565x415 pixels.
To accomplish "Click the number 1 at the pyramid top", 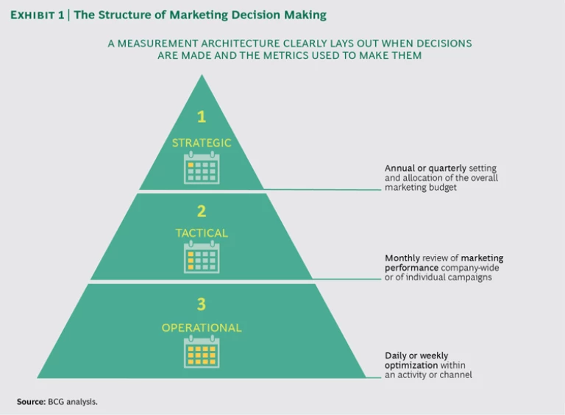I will (x=201, y=117).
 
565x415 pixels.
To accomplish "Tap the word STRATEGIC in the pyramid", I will (x=202, y=143).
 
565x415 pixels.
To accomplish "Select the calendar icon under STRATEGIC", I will (x=202, y=168).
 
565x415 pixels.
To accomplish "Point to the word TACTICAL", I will (x=202, y=233).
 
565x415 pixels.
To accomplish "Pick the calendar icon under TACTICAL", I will (x=202, y=258).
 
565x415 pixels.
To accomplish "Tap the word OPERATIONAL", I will (x=202, y=327).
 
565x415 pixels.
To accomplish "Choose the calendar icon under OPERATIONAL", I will (x=202, y=352).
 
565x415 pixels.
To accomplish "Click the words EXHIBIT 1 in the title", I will (x=37, y=15).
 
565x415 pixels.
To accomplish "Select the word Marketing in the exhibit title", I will (x=207, y=15).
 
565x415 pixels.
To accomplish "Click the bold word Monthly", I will (x=402, y=258).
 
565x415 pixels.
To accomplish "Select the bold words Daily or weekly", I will (x=416, y=355).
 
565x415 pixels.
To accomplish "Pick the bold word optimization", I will (x=411, y=365).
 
